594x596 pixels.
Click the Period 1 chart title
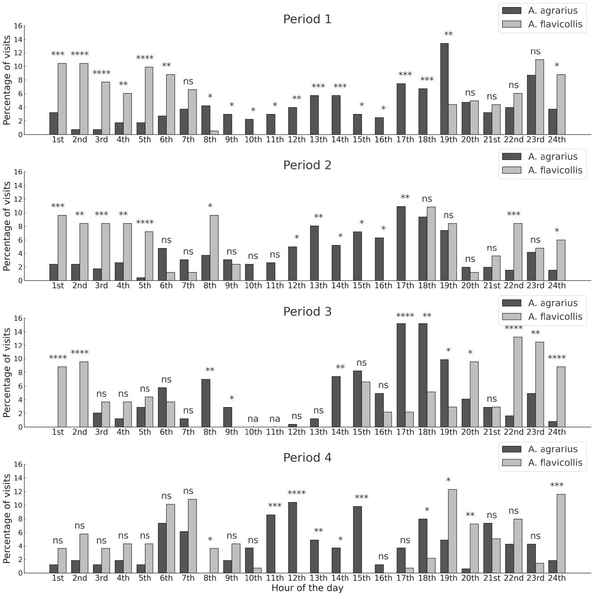[x=307, y=19]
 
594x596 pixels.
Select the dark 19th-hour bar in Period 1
[x=444, y=89]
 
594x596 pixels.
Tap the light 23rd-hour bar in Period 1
[x=540, y=97]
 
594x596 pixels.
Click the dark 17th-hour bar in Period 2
[x=401, y=244]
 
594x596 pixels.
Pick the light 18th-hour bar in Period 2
[x=431, y=244]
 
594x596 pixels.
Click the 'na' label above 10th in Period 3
[x=253, y=419]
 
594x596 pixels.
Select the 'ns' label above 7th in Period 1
[x=188, y=82]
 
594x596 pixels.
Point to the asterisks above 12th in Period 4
[x=296, y=493]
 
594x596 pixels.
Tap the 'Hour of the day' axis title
[x=307, y=588]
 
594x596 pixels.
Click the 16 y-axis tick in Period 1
[x=17, y=26]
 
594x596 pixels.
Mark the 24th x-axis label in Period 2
[x=557, y=286]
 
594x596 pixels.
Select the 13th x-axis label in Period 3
[x=318, y=432]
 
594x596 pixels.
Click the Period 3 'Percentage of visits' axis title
[x=7, y=372]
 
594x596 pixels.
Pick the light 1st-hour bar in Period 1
[x=62, y=99]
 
